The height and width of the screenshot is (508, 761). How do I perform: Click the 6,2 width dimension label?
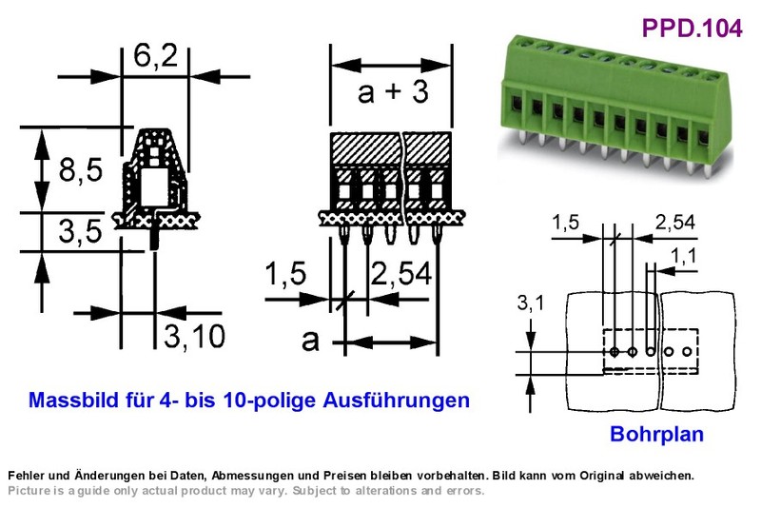click(x=155, y=56)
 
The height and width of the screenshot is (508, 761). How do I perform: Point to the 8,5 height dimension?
click(x=81, y=170)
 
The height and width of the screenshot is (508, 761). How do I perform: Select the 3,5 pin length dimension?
click(x=81, y=231)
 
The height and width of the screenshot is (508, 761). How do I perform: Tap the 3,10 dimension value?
click(x=194, y=336)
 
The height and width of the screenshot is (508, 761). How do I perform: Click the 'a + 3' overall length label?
click(x=393, y=91)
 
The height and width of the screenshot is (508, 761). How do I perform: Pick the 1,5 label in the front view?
click(x=285, y=273)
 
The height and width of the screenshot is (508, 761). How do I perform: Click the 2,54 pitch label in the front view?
click(x=400, y=273)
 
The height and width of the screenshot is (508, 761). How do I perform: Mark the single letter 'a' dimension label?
click(x=311, y=342)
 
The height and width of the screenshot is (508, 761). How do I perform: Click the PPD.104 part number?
click(x=692, y=28)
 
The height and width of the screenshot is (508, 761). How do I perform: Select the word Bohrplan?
click(x=656, y=434)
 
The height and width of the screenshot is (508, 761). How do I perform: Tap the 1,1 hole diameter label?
click(x=683, y=255)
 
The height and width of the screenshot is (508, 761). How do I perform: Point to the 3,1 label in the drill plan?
click(x=531, y=303)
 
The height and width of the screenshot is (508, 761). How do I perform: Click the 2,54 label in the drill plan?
click(x=675, y=223)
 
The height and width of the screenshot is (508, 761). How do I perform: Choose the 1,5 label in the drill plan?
click(x=566, y=223)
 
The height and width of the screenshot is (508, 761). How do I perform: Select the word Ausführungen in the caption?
click(x=396, y=401)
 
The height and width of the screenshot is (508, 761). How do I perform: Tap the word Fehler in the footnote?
click(x=23, y=475)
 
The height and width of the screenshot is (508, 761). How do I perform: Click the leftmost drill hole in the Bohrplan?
click(x=615, y=351)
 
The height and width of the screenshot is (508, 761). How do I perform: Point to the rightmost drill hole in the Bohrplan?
click(x=687, y=351)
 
